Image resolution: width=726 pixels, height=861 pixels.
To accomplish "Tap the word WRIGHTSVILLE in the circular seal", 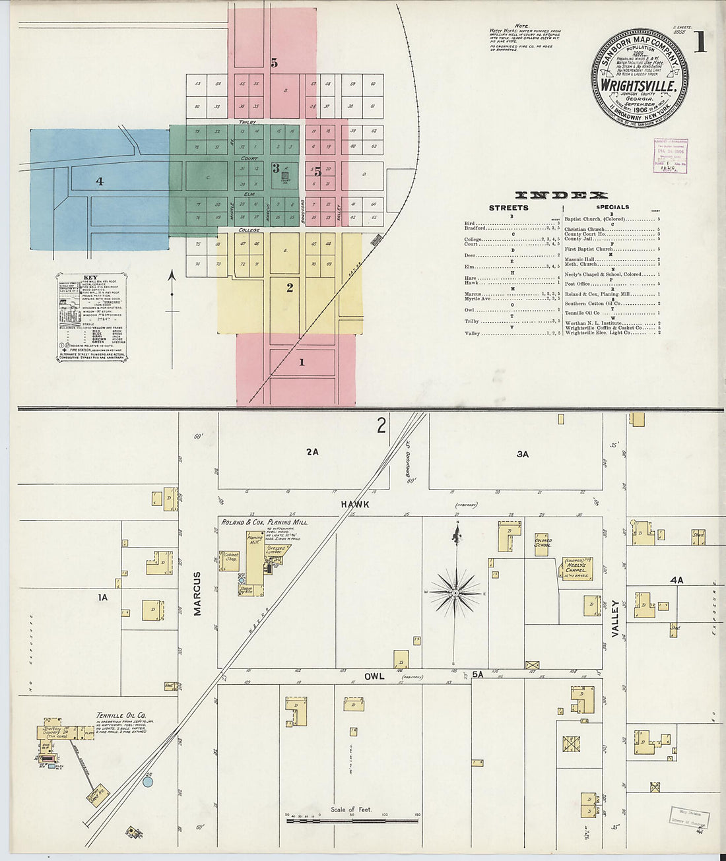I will point(638,86).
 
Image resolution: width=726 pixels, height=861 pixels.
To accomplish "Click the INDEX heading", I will point(561,195).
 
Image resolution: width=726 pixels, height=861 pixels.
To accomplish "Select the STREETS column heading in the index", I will point(508,208).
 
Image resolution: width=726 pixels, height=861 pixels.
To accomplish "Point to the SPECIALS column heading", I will point(612,207).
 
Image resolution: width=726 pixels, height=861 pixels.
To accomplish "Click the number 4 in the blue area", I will point(100,181).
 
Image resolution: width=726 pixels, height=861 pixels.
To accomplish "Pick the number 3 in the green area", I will point(277,168).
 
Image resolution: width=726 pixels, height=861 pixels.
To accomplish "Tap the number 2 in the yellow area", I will point(289,287).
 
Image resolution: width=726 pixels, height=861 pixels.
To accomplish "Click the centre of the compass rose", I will point(455,594).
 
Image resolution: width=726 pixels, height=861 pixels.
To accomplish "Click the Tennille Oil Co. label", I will point(121,715).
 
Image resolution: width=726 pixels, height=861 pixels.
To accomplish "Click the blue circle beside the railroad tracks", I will point(148,781).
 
